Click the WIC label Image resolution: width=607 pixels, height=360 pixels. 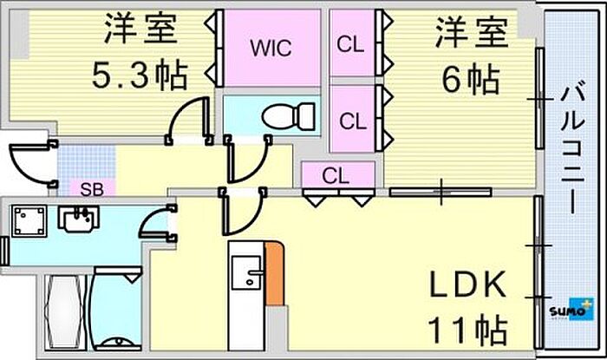coord(265,48)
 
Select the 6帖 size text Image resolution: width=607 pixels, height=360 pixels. coord(470,81)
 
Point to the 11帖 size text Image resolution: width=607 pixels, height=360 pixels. coord(467,331)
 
